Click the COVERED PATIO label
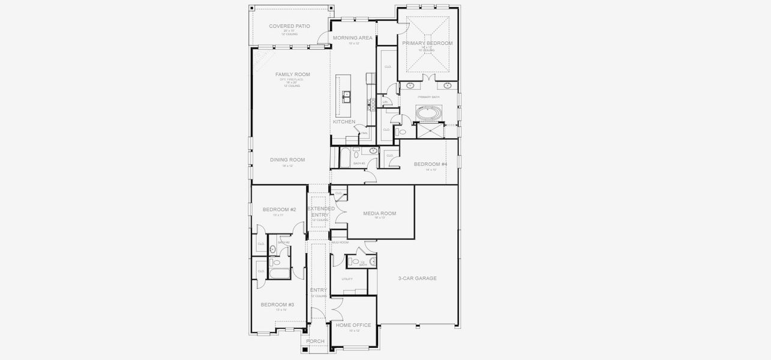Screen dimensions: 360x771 pyautogui.click(x=289, y=26)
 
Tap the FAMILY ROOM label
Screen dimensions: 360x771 pyautogui.click(x=293, y=74)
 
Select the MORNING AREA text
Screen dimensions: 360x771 pyautogui.click(x=353, y=38)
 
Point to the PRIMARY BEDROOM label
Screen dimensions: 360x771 pyautogui.click(x=427, y=43)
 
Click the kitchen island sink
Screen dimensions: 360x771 pyautogui.click(x=346, y=94)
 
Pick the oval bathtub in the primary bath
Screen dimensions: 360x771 pyautogui.click(x=429, y=112)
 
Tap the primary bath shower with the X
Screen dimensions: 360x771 pyautogui.click(x=430, y=130)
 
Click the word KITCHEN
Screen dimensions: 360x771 pyautogui.click(x=344, y=122)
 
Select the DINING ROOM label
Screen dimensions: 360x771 pyautogui.click(x=287, y=160)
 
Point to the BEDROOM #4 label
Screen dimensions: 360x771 pyautogui.click(x=430, y=164)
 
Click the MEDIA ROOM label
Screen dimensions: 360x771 pyautogui.click(x=379, y=213)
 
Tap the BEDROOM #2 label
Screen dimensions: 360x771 pyautogui.click(x=279, y=209)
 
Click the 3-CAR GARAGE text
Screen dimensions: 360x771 pyautogui.click(x=417, y=278)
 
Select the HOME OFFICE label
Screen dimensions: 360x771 pyautogui.click(x=353, y=325)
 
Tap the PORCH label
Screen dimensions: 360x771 pyautogui.click(x=315, y=341)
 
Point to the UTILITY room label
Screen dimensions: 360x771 pyautogui.click(x=347, y=279)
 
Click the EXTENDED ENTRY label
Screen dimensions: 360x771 pyautogui.click(x=321, y=211)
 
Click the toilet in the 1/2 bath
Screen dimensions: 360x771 pyautogui.click(x=356, y=262)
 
